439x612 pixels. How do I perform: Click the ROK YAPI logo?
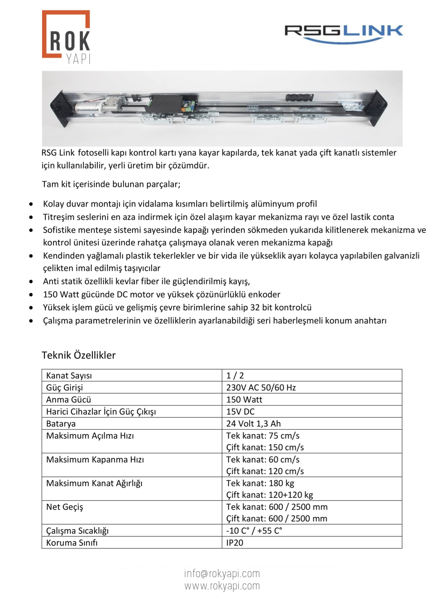(66, 37)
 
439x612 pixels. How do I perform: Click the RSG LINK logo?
(344, 33)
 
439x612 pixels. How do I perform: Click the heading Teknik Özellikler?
(79, 355)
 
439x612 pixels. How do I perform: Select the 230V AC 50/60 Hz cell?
(261, 388)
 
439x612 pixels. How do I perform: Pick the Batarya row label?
(61, 423)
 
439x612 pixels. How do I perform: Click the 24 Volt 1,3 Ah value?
(253, 423)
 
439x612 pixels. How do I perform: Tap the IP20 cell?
(234, 543)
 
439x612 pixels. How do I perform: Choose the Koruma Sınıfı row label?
(72, 543)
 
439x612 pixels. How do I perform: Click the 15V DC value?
(240, 412)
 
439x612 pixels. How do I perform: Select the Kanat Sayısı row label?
(69, 375)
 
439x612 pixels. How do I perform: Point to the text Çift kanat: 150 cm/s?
(265, 447)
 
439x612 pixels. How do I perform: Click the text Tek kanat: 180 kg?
(260, 483)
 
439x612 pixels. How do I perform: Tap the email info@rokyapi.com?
(222, 573)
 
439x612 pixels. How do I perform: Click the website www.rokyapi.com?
(222, 586)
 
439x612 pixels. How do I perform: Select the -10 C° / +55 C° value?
(254, 531)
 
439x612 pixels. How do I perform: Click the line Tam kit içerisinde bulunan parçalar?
(111, 184)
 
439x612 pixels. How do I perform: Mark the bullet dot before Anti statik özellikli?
(31, 282)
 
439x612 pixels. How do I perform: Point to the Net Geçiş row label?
(65, 507)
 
